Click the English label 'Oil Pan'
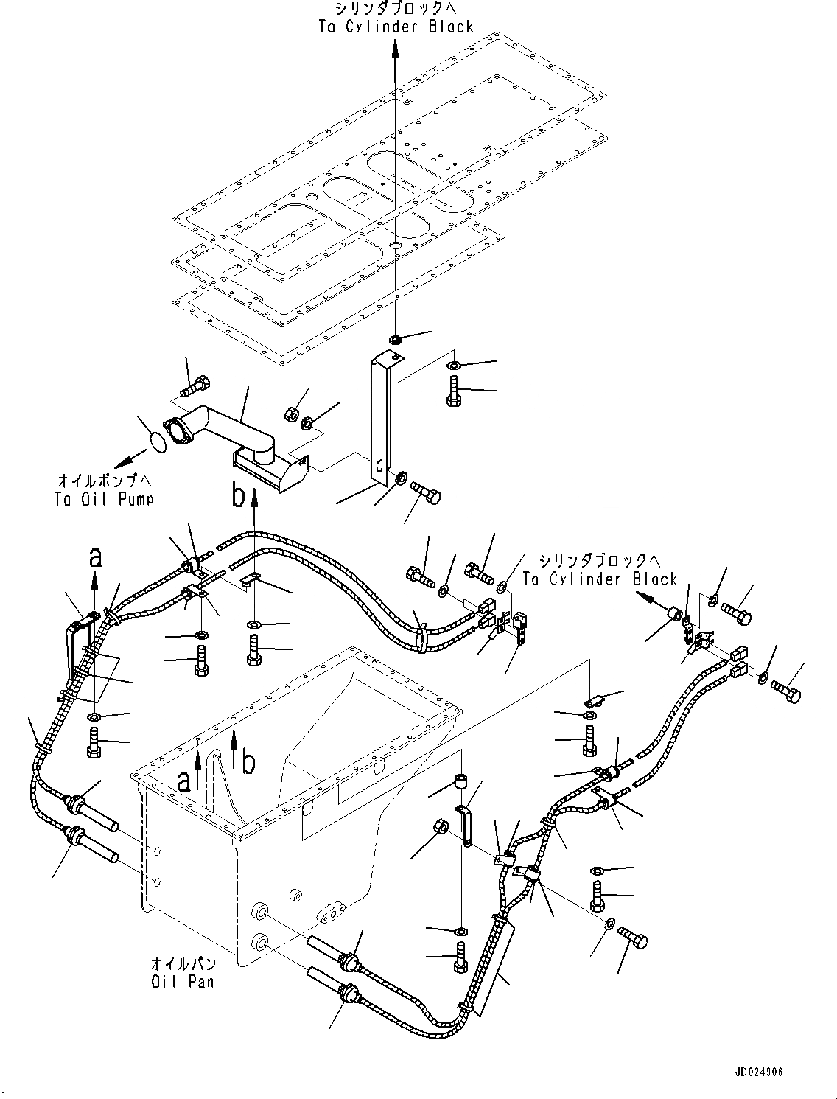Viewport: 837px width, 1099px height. tap(183, 982)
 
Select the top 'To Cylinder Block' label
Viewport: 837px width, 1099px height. tap(396, 27)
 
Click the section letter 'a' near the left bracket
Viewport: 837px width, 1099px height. tap(95, 559)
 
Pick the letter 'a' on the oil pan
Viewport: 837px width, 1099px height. tap(183, 780)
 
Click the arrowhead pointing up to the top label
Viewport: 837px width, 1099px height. tap(396, 49)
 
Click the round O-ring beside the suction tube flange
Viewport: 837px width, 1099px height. tap(155, 443)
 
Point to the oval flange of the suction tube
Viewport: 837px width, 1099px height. tap(175, 432)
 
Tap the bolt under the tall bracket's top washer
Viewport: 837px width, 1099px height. tap(452, 389)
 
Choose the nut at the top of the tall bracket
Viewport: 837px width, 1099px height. tap(395, 340)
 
